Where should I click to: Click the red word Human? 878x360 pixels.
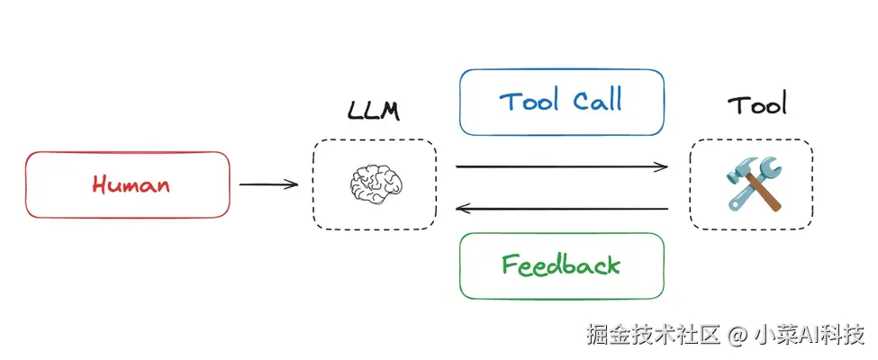point(131,184)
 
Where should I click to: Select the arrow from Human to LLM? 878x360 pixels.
point(267,184)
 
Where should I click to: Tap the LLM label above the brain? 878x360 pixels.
point(374,112)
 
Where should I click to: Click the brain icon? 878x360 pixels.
point(374,184)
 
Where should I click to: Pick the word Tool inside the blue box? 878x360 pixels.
point(529,101)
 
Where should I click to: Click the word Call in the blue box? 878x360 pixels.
point(595,101)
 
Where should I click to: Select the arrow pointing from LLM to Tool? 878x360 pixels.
point(562,166)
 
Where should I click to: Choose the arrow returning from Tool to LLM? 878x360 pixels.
point(562,209)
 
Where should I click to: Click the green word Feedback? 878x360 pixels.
point(561,265)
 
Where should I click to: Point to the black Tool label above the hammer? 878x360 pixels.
point(756,105)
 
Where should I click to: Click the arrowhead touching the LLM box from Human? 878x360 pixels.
point(293,184)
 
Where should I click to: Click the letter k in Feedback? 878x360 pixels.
point(612,265)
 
